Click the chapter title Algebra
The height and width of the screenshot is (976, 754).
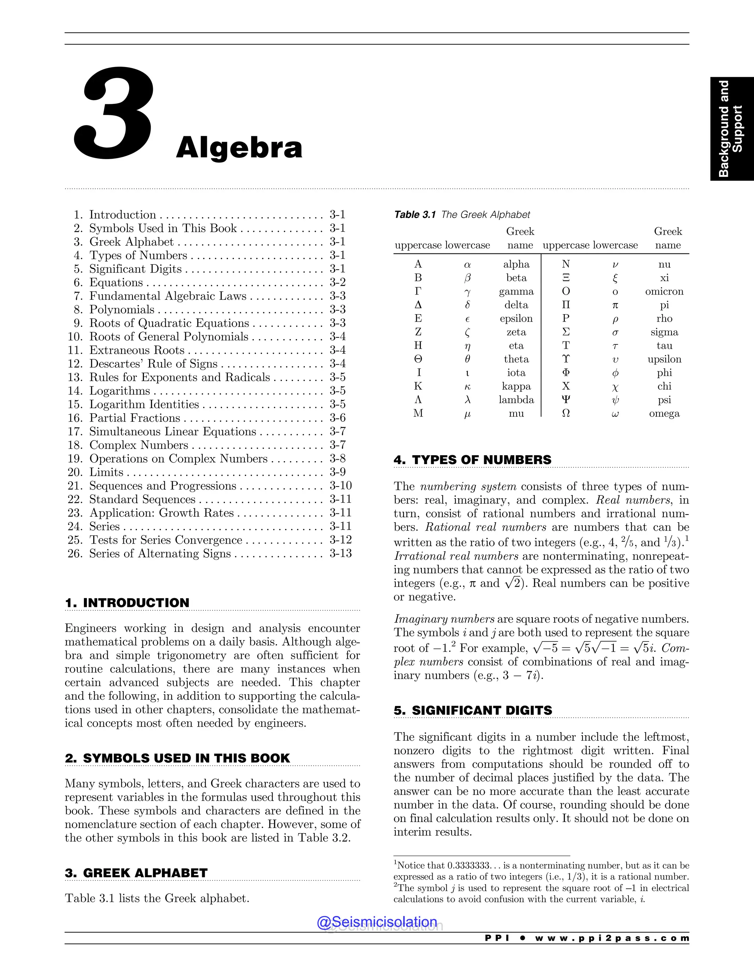click(239, 148)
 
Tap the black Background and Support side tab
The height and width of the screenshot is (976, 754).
click(731, 129)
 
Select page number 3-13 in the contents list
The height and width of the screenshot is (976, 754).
click(341, 554)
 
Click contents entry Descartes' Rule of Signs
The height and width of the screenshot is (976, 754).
click(153, 364)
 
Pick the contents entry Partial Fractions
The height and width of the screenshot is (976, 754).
click(134, 418)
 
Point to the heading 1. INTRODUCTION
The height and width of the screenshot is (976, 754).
click(127, 603)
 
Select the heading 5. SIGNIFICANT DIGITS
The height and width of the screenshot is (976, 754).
click(473, 710)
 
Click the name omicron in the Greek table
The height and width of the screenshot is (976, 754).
click(664, 291)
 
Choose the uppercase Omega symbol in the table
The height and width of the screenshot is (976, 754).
click(565, 413)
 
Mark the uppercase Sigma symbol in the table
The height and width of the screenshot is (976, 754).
click(565, 332)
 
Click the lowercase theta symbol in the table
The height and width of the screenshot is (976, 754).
click(468, 359)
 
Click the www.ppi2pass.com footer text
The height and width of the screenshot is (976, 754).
click(612, 938)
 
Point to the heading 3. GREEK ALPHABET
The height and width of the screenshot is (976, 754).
click(136, 873)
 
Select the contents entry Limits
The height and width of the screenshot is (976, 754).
click(106, 473)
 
